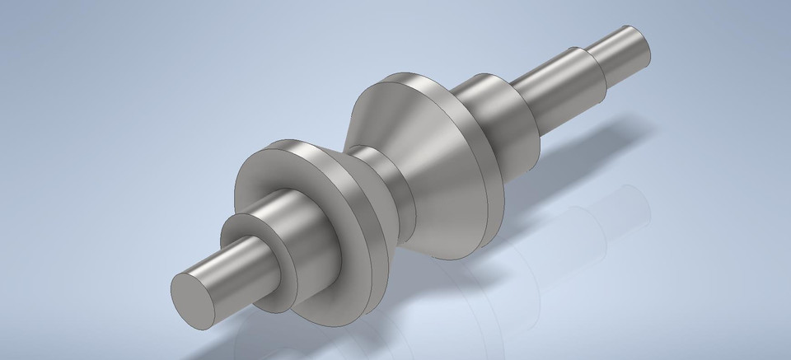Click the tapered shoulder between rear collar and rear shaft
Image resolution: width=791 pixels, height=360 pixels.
coord(527,99)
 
